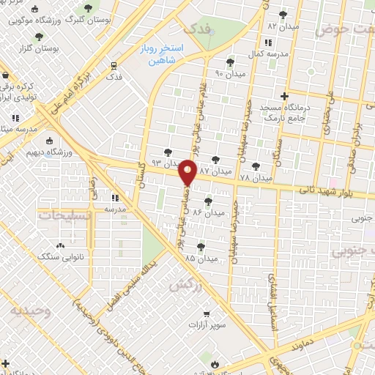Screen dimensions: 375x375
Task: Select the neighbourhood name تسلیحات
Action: [x=62, y=216]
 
